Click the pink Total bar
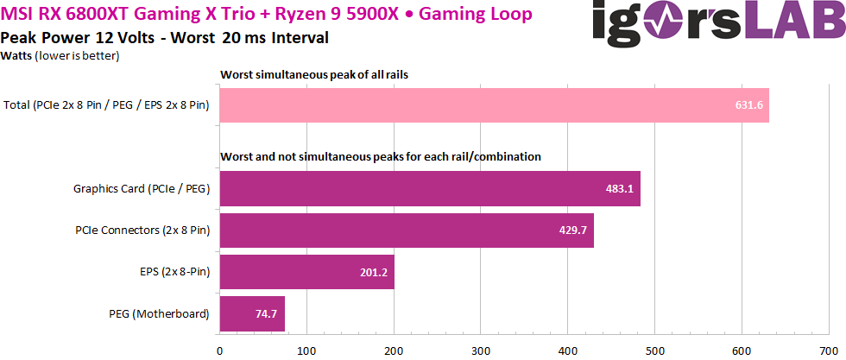(x=494, y=105)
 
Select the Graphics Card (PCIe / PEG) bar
(x=430, y=188)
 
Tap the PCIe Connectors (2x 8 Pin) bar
(x=407, y=230)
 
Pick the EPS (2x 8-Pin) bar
(x=307, y=272)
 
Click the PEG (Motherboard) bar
(x=252, y=313)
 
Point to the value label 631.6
(x=748, y=105)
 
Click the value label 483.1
(x=619, y=188)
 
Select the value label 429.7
(x=572, y=230)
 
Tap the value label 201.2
(x=374, y=272)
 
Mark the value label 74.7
(x=264, y=313)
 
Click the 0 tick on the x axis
(x=220, y=351)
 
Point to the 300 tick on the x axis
(x=481, y=351)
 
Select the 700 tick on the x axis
(x=829, y=351)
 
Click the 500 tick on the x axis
(x=654, y=351)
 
